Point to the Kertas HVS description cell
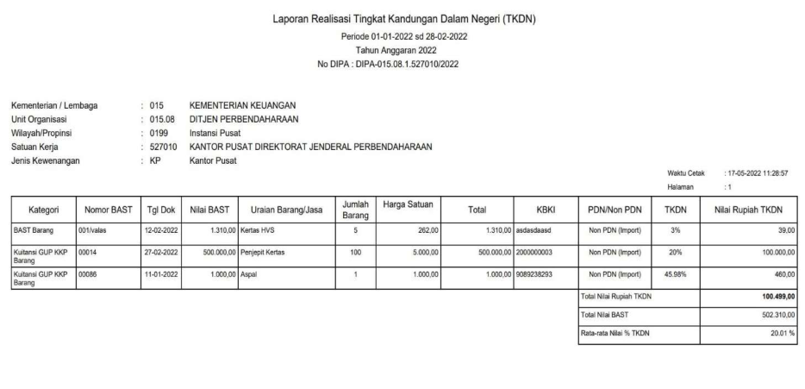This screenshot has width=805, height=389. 258,231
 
